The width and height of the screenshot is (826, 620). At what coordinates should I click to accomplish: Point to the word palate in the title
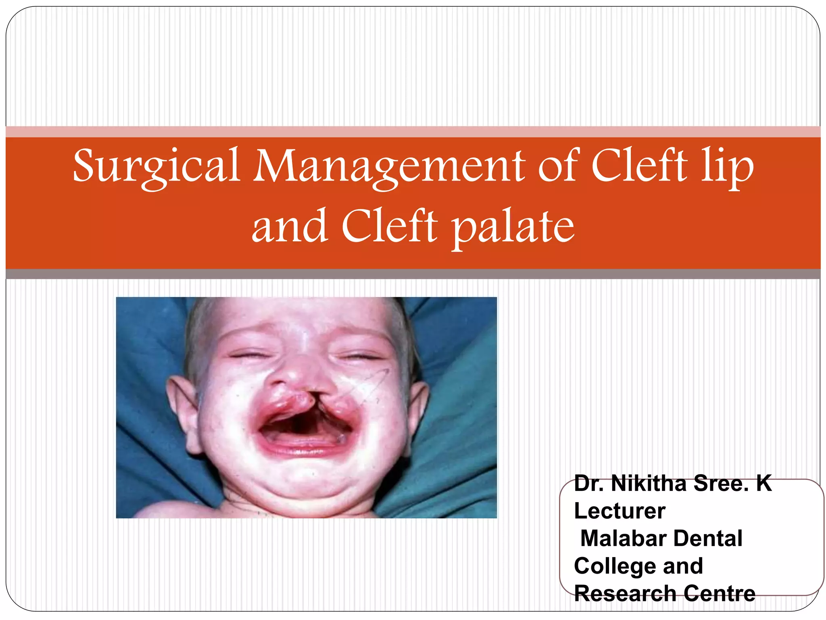pyautogui.click(x=513, y=227)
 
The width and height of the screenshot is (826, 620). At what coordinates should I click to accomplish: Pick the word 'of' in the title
pyautogui.click(x=558, y=165)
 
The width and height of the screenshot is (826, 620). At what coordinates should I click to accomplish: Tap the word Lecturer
pyautogui.click(x=619, y=511)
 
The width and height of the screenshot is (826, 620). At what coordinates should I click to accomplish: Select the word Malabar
pyautogui.click(x=624, y=538)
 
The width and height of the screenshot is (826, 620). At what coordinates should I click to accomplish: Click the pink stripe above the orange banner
pyautogui.click(x=413, y=132)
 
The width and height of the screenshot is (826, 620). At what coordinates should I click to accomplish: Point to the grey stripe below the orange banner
pyautogui.click(x=413, y=274)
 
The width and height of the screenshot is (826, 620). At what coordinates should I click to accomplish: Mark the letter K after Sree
pyautogui.click(x=764, y=483)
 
